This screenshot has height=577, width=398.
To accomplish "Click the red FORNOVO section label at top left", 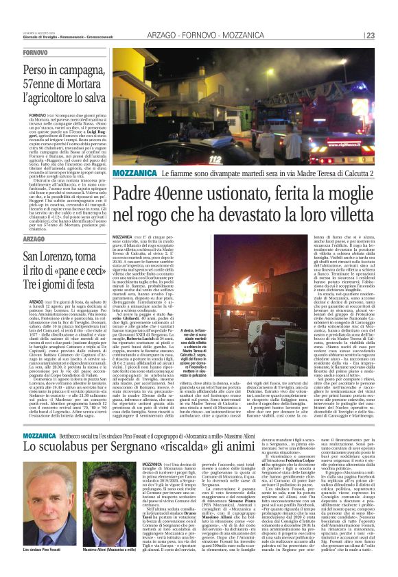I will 35,53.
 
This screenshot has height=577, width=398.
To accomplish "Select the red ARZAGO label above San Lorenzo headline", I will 34,239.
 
